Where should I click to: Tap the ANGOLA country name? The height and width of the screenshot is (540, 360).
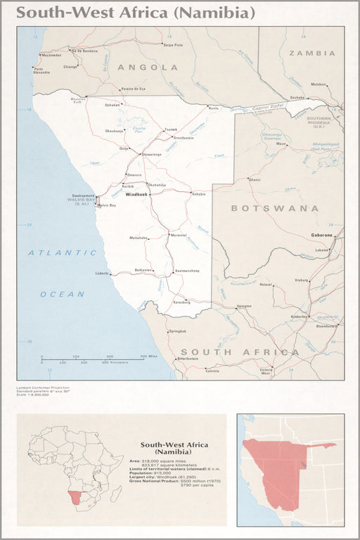pos(148,67)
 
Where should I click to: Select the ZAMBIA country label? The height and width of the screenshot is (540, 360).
pos(311,53)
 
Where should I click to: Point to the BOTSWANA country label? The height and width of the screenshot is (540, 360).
pos(275,208)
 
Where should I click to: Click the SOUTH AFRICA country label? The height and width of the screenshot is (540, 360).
pos(240,352)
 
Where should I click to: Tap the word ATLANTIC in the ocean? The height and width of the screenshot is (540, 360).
pos(63,252)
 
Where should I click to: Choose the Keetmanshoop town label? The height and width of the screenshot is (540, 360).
pos(187,271)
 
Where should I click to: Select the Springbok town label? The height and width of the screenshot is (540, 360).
pos(177,330)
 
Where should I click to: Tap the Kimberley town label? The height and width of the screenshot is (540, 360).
pos(299,317)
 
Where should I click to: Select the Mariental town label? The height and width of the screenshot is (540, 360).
pos(178,235)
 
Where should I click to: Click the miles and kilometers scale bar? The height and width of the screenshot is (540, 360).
pos(98,359)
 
